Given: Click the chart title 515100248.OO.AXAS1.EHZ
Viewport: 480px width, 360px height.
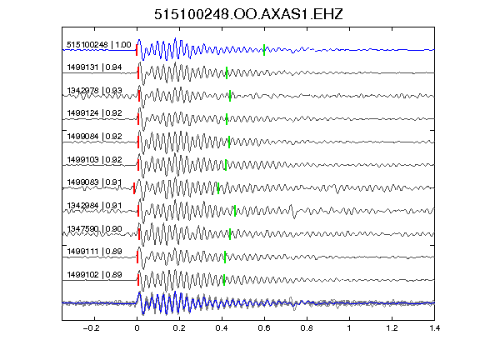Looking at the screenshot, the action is click(248, 14).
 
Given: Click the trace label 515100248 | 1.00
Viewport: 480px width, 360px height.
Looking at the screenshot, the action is click(99, 45).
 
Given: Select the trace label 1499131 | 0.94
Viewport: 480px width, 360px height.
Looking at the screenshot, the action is click(95, 67).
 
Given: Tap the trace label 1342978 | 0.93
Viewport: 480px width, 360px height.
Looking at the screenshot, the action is click(95, 91).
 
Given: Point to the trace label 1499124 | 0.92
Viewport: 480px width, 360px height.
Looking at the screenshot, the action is click(95, 113).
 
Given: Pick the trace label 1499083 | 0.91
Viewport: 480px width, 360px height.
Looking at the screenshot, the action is click(95, 182).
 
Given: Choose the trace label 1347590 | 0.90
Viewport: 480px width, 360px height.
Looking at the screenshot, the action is click(95, 229).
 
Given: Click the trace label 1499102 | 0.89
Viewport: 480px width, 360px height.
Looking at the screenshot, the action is click(95, 275).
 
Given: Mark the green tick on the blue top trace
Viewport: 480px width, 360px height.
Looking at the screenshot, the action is click(264, 50).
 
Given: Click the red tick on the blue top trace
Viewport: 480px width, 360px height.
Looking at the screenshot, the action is click(137, 50).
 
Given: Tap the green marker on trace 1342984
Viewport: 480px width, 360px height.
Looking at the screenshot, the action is click(235, 211).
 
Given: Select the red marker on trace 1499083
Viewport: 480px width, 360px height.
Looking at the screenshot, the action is click(134, 188).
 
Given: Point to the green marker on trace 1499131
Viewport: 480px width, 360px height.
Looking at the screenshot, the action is click(227, 72).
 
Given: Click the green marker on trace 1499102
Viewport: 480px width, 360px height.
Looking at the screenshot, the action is click(224, 280).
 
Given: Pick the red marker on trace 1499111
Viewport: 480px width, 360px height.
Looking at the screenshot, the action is click(137, 257).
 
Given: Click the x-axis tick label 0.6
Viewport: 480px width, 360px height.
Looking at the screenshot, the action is click(264, 328).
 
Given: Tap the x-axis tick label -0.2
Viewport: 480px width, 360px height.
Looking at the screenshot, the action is click(91, 328).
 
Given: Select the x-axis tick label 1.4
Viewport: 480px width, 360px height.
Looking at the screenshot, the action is click(435, 328).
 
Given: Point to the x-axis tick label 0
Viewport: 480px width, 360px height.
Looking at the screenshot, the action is click(137, 328).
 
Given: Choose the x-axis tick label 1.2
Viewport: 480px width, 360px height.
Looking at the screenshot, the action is click(392, 328).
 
